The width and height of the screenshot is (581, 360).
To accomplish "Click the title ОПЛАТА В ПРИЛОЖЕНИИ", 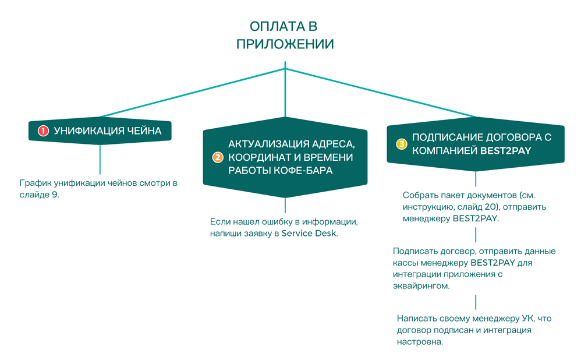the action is click(285, 35).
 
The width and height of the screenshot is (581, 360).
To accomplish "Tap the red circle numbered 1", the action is click(43, 131).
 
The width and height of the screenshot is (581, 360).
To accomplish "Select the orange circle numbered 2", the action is click(218, 157).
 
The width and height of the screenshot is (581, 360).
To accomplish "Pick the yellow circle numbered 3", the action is click(401, 143).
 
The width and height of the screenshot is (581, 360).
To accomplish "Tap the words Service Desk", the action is click(309, 234).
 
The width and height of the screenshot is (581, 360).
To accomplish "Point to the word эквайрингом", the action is click(422, 286).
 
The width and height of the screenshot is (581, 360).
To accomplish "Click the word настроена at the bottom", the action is click(420, 342).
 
